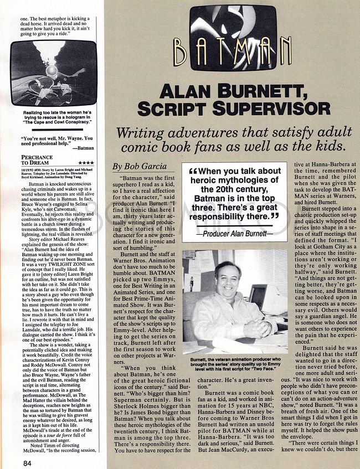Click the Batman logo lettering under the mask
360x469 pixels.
[x=232, y=51]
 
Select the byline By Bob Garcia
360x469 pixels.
[x=138, y=166]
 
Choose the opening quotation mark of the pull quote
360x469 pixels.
[x=191, y=172]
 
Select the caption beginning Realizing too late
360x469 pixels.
[x=53, y=117]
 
